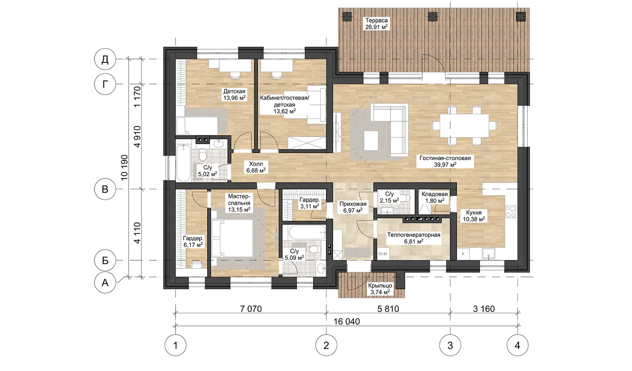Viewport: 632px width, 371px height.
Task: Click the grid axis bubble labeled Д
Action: point(105,59)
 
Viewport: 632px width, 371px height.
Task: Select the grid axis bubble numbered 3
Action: point(450,345)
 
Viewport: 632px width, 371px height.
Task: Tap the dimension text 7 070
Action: point(251,309)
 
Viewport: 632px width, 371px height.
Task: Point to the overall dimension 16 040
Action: point(347,322)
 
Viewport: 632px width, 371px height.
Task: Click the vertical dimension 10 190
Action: point(124,167)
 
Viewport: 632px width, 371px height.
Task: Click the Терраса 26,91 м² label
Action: point(377,23)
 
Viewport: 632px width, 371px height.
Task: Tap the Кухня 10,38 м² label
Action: point(474,216)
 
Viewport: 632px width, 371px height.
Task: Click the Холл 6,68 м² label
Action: point(256,167)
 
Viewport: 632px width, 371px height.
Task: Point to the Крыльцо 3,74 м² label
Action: point(380,289)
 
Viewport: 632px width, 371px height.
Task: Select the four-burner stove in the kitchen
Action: point(511,211)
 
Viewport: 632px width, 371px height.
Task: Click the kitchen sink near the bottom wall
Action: point(488,254)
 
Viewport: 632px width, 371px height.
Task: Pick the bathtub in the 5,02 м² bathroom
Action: point(183,162)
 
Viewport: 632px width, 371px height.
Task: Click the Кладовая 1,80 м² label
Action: point(434,198)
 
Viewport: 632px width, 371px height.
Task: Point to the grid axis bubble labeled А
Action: point(105,282)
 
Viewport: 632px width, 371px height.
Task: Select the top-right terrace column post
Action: point(521,16)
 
